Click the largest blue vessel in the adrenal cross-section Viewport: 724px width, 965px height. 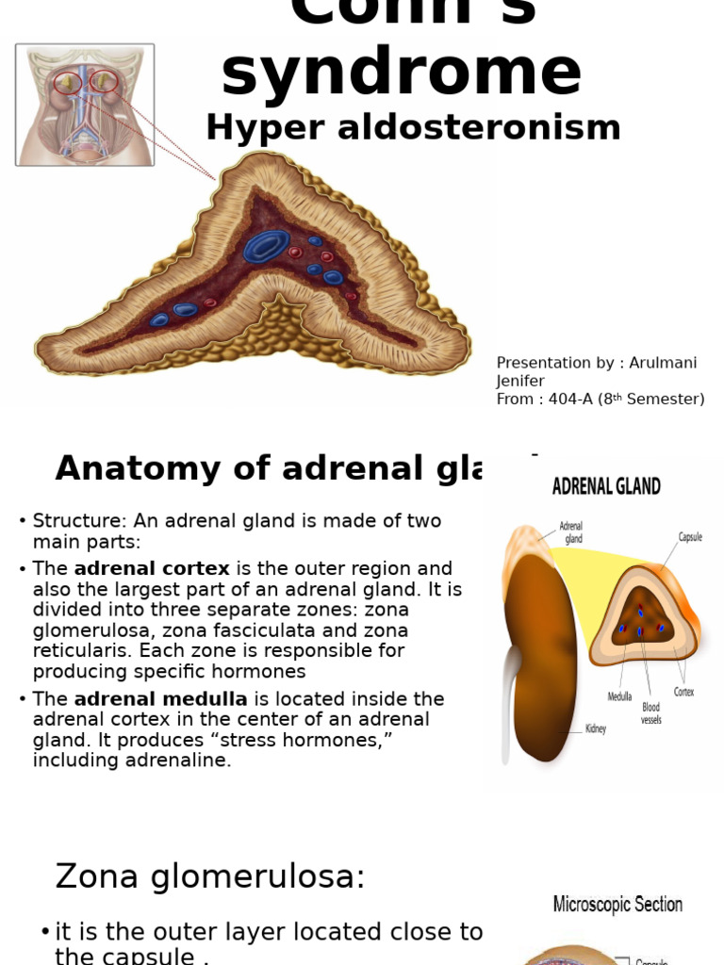point(268,245)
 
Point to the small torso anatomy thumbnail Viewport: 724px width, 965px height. point(85,105)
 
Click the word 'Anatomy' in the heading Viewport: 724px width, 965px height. point(138,468)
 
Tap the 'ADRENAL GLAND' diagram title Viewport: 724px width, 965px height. point(606,486)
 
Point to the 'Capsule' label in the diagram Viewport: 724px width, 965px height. point(691,537)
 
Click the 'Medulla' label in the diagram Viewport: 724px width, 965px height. point(619,697)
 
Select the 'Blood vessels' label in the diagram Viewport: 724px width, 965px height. point(651,713)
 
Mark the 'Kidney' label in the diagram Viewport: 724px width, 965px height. point(596,728)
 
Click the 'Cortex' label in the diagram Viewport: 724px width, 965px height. point(683,692)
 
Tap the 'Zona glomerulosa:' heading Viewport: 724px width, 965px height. point(209,876)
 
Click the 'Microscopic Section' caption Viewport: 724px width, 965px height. point(617,905)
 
